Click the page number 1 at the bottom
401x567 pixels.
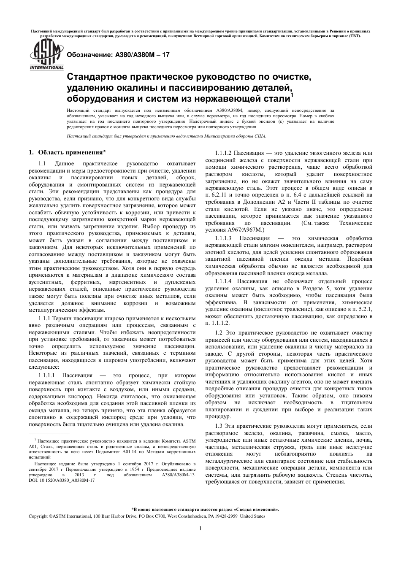point(200,528)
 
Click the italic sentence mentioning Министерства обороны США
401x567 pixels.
point(167,136)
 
